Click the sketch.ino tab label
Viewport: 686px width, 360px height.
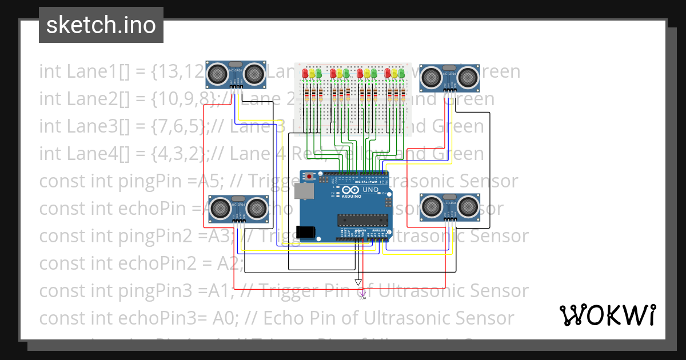tap(101, 25)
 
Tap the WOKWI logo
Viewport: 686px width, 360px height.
tap(607, 315)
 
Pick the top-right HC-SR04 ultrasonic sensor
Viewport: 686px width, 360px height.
tap(449, 77)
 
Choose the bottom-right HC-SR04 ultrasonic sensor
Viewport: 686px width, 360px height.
tap(449, 207)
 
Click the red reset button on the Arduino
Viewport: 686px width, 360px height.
tap(309, 177)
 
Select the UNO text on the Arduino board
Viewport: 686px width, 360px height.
tap(370, 190)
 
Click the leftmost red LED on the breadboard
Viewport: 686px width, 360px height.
tap(305, 73)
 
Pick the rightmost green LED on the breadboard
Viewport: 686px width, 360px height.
tap(401, 73)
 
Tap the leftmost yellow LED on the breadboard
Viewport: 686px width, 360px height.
tap(312, 73)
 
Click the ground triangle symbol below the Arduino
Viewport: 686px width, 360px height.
tap(358, 282)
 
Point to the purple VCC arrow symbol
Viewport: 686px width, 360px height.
tap(362, 294)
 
